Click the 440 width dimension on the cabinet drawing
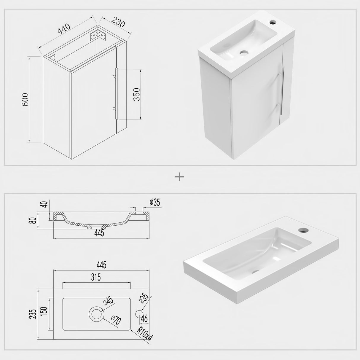point(64,28)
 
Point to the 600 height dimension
point(25,100)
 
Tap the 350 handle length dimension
point(137,94)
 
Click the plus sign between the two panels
point(180,177)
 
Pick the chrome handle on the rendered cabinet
point(282,91)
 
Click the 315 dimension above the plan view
point(96,277)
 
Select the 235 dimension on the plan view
point(33,313)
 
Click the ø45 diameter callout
point(108,300)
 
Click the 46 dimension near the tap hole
point(144,319)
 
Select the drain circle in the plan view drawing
point(97,314)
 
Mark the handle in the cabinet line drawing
point(117,93)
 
